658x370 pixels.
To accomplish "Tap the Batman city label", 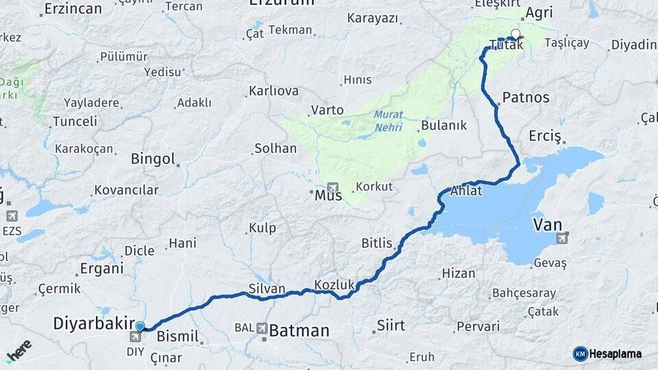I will coord(299,331).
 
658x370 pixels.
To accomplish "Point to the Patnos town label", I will coord(526,97).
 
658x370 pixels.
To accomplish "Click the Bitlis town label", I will coord(377,243).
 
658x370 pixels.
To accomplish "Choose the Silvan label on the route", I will coord(267,288).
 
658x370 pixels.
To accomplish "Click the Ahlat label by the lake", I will coord(467,190).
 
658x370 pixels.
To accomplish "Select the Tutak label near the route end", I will coord(507,46).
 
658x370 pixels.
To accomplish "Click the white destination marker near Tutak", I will coord(515,33).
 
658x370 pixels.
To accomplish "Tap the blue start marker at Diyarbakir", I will coord(141,326).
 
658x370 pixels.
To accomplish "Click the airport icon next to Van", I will coord(563,238).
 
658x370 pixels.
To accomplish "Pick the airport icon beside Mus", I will coord(333,187).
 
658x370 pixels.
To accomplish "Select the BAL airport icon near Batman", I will coord(262,329).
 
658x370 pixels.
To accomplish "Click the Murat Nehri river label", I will coord(389,121).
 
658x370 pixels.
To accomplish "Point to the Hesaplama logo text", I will coord(615,354).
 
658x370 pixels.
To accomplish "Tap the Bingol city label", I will coord(154,159).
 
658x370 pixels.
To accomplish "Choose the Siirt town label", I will coord(391,325).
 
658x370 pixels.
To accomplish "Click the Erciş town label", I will coord(545,136).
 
